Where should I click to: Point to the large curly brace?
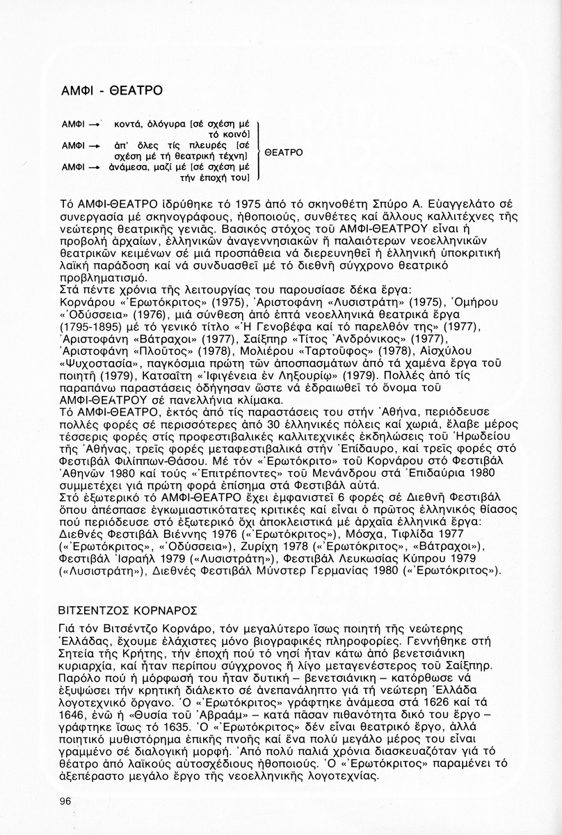(259, 152)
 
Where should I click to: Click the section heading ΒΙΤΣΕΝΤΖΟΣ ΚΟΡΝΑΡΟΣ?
(129, 611)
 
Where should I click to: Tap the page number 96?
(66, 801)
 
